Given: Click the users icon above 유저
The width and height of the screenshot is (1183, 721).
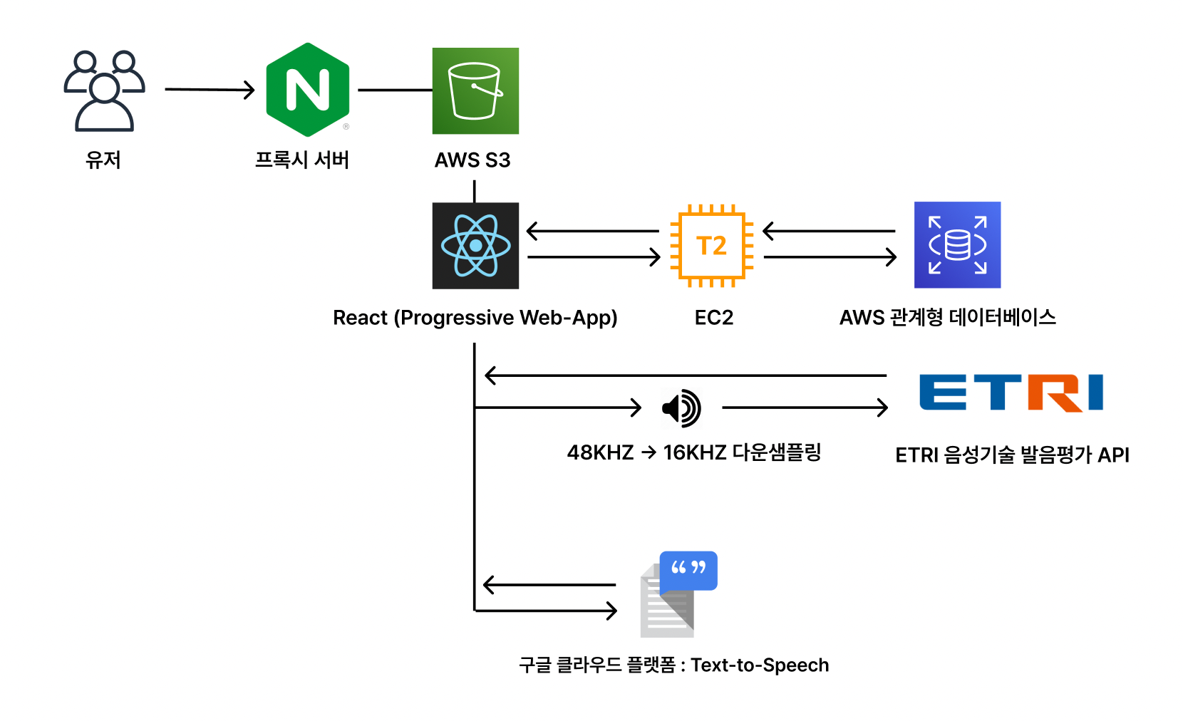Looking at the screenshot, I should point(104,90).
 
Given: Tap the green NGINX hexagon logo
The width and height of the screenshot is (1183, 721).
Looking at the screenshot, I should point(307,90).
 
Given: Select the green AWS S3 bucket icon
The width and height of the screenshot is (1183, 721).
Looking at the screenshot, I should point(475,90).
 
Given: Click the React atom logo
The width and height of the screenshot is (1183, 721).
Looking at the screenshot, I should point(475,246).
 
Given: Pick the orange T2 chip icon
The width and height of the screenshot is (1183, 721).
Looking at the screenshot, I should point(711,246).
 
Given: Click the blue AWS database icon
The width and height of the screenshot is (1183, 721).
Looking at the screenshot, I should point(957,245).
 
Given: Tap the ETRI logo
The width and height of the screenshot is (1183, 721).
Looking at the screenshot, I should point(1011,393).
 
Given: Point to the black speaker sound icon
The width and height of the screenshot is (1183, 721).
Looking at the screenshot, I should point(681,408).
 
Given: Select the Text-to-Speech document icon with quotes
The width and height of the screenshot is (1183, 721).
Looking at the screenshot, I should point(678,594).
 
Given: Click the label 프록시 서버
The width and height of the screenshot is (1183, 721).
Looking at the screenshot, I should point(302,160).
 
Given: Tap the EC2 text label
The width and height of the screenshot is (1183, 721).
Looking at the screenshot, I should point(713,318).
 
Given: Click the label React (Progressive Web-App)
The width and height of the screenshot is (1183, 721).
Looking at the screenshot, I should point(475,318).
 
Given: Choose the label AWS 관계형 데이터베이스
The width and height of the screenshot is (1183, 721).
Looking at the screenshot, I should point(947,317).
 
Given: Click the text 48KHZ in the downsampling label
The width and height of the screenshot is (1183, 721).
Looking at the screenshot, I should point(600,453).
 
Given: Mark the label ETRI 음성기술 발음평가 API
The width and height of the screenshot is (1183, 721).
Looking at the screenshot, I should point(1012,455).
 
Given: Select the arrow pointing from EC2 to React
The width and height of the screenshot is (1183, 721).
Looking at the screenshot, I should point(592,231).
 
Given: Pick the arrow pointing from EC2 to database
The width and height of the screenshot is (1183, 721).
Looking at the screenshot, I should point(830,257).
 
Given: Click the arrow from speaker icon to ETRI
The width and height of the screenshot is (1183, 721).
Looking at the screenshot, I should point(805,408).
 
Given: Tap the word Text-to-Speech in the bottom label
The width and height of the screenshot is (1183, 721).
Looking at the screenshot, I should point(760,665).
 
